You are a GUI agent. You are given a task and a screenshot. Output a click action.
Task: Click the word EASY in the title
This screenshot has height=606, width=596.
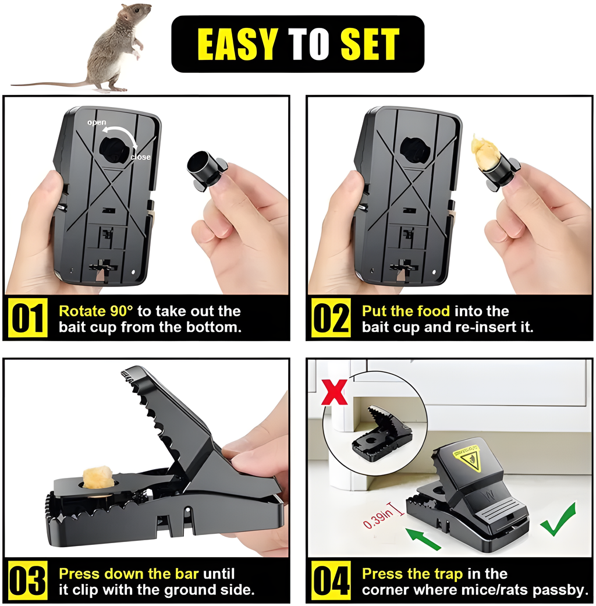(x=237, y=44)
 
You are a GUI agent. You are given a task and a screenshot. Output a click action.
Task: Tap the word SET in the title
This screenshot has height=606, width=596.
(x=370, y=44)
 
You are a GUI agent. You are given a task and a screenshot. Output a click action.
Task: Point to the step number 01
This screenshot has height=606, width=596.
(x=27, y=318)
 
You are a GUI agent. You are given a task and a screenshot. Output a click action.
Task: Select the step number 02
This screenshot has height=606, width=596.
(x=331, y=318)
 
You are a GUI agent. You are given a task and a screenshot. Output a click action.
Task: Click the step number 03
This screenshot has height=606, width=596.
(x=27, y=580)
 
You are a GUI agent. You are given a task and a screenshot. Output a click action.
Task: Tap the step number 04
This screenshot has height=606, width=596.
(x=331, y=580)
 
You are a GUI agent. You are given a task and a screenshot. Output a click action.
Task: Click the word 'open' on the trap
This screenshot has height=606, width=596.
(x=97, y=122)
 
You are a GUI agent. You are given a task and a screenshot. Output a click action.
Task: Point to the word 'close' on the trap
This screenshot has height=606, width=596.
(x=141, y=157)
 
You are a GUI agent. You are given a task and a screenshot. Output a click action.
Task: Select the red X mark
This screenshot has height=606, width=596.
(x=335, y=392)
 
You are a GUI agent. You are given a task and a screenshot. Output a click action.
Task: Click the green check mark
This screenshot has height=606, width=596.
(x=559, y=519)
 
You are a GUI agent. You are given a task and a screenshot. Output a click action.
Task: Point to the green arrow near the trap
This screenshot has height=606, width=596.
(x=423, y=538)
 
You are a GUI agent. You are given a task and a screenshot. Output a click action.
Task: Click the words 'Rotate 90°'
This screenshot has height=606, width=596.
(x=96, y=311)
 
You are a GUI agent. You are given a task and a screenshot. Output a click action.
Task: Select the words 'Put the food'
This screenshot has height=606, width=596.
(x=406, y=311)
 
